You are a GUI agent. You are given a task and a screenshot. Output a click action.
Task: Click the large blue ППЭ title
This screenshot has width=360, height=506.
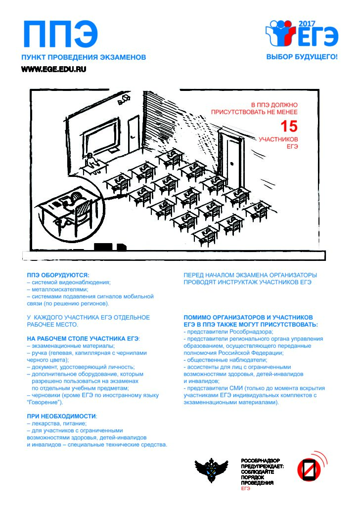[60, 34]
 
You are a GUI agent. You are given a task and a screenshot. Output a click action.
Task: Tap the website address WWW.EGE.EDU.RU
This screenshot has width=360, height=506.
[53, 69]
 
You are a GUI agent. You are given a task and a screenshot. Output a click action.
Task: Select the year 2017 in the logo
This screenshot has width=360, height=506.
[307, 24]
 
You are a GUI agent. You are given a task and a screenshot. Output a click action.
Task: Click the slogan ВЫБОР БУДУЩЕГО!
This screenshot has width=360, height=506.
[302, 57]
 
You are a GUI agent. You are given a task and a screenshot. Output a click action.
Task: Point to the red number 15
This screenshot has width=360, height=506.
[289, 126]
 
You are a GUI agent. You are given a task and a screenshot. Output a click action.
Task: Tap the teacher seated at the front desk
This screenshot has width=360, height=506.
[91, 161]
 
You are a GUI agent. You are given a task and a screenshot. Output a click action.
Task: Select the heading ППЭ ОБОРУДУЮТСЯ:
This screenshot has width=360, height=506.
[58, 275]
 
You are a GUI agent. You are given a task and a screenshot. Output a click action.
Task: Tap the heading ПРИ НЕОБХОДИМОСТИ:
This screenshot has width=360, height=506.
[62, 416]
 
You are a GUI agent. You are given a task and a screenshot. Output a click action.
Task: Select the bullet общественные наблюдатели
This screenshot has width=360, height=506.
[225, 360]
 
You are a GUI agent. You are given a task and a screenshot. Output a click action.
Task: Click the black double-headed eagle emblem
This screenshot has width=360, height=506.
[212, 469]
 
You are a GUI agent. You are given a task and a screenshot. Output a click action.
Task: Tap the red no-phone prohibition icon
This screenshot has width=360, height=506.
[309, 468]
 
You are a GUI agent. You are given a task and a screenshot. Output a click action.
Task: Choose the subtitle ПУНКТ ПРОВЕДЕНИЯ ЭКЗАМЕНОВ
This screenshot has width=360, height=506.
[84, 57]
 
